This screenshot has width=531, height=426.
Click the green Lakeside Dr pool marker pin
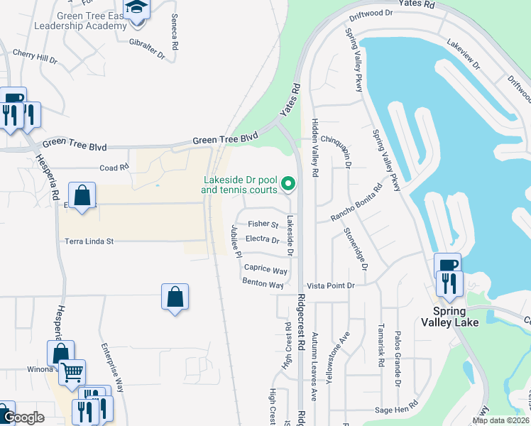pyautogui.click(x=288, y=184)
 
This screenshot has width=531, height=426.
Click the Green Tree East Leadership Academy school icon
pyautogui.click(x=136, y=9)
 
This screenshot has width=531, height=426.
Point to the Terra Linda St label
pyautogui.click(x=89, y=241)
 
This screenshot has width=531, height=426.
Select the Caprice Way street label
pyautogui.click(x=265, y=270)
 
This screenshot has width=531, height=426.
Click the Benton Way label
pyautogui.click(x=263, y=284)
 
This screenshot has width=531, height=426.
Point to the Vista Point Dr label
pyautogui.click(x=330, y=285)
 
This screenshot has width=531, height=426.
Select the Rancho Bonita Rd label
pyautogui.click(x=358, y=203)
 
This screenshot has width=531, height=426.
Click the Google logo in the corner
pyautogui.click(x=23, y=417)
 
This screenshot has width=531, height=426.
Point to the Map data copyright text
pyautogui.click(x=500, y=420)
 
